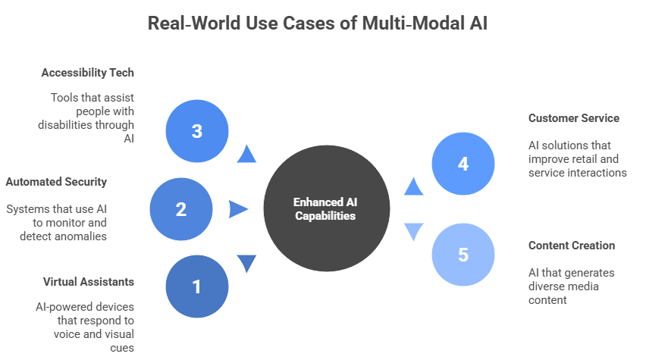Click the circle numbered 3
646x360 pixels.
click(196, 131)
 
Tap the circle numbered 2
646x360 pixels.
click(181, 209)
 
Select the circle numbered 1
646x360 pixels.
click(197, 286)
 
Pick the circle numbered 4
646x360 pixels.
click(463, 164)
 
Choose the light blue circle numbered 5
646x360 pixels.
click(463, 255)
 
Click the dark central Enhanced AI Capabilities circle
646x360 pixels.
click(326, 208)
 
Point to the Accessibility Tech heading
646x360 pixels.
click(87, 73)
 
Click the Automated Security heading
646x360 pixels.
click(56, 182)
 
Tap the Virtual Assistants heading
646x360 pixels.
click(88, 282)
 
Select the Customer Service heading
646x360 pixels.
click(573, 118)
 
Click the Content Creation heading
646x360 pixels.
click(571, 246)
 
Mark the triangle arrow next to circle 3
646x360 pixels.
click(246, 155)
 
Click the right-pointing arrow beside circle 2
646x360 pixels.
click(238, 209)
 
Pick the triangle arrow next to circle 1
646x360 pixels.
click(246, 263)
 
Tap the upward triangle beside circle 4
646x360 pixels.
click(413, 186)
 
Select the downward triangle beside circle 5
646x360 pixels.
click(413, 231)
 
